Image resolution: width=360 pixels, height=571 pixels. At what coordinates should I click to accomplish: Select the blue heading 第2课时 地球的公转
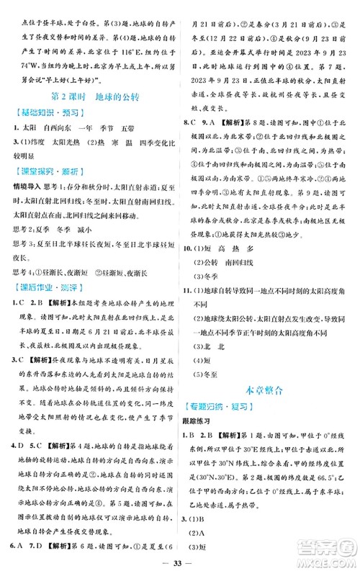pos(90,96)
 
